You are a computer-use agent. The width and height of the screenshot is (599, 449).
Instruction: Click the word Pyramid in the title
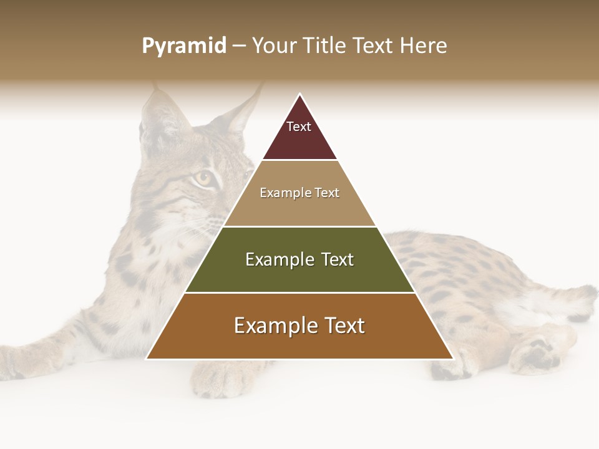coord(183,46)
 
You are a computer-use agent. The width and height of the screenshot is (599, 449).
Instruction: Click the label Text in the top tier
coord(299,127)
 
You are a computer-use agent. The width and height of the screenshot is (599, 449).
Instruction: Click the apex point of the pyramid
coord(299,95)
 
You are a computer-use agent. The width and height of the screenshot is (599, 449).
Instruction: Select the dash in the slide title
coord(239,46)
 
